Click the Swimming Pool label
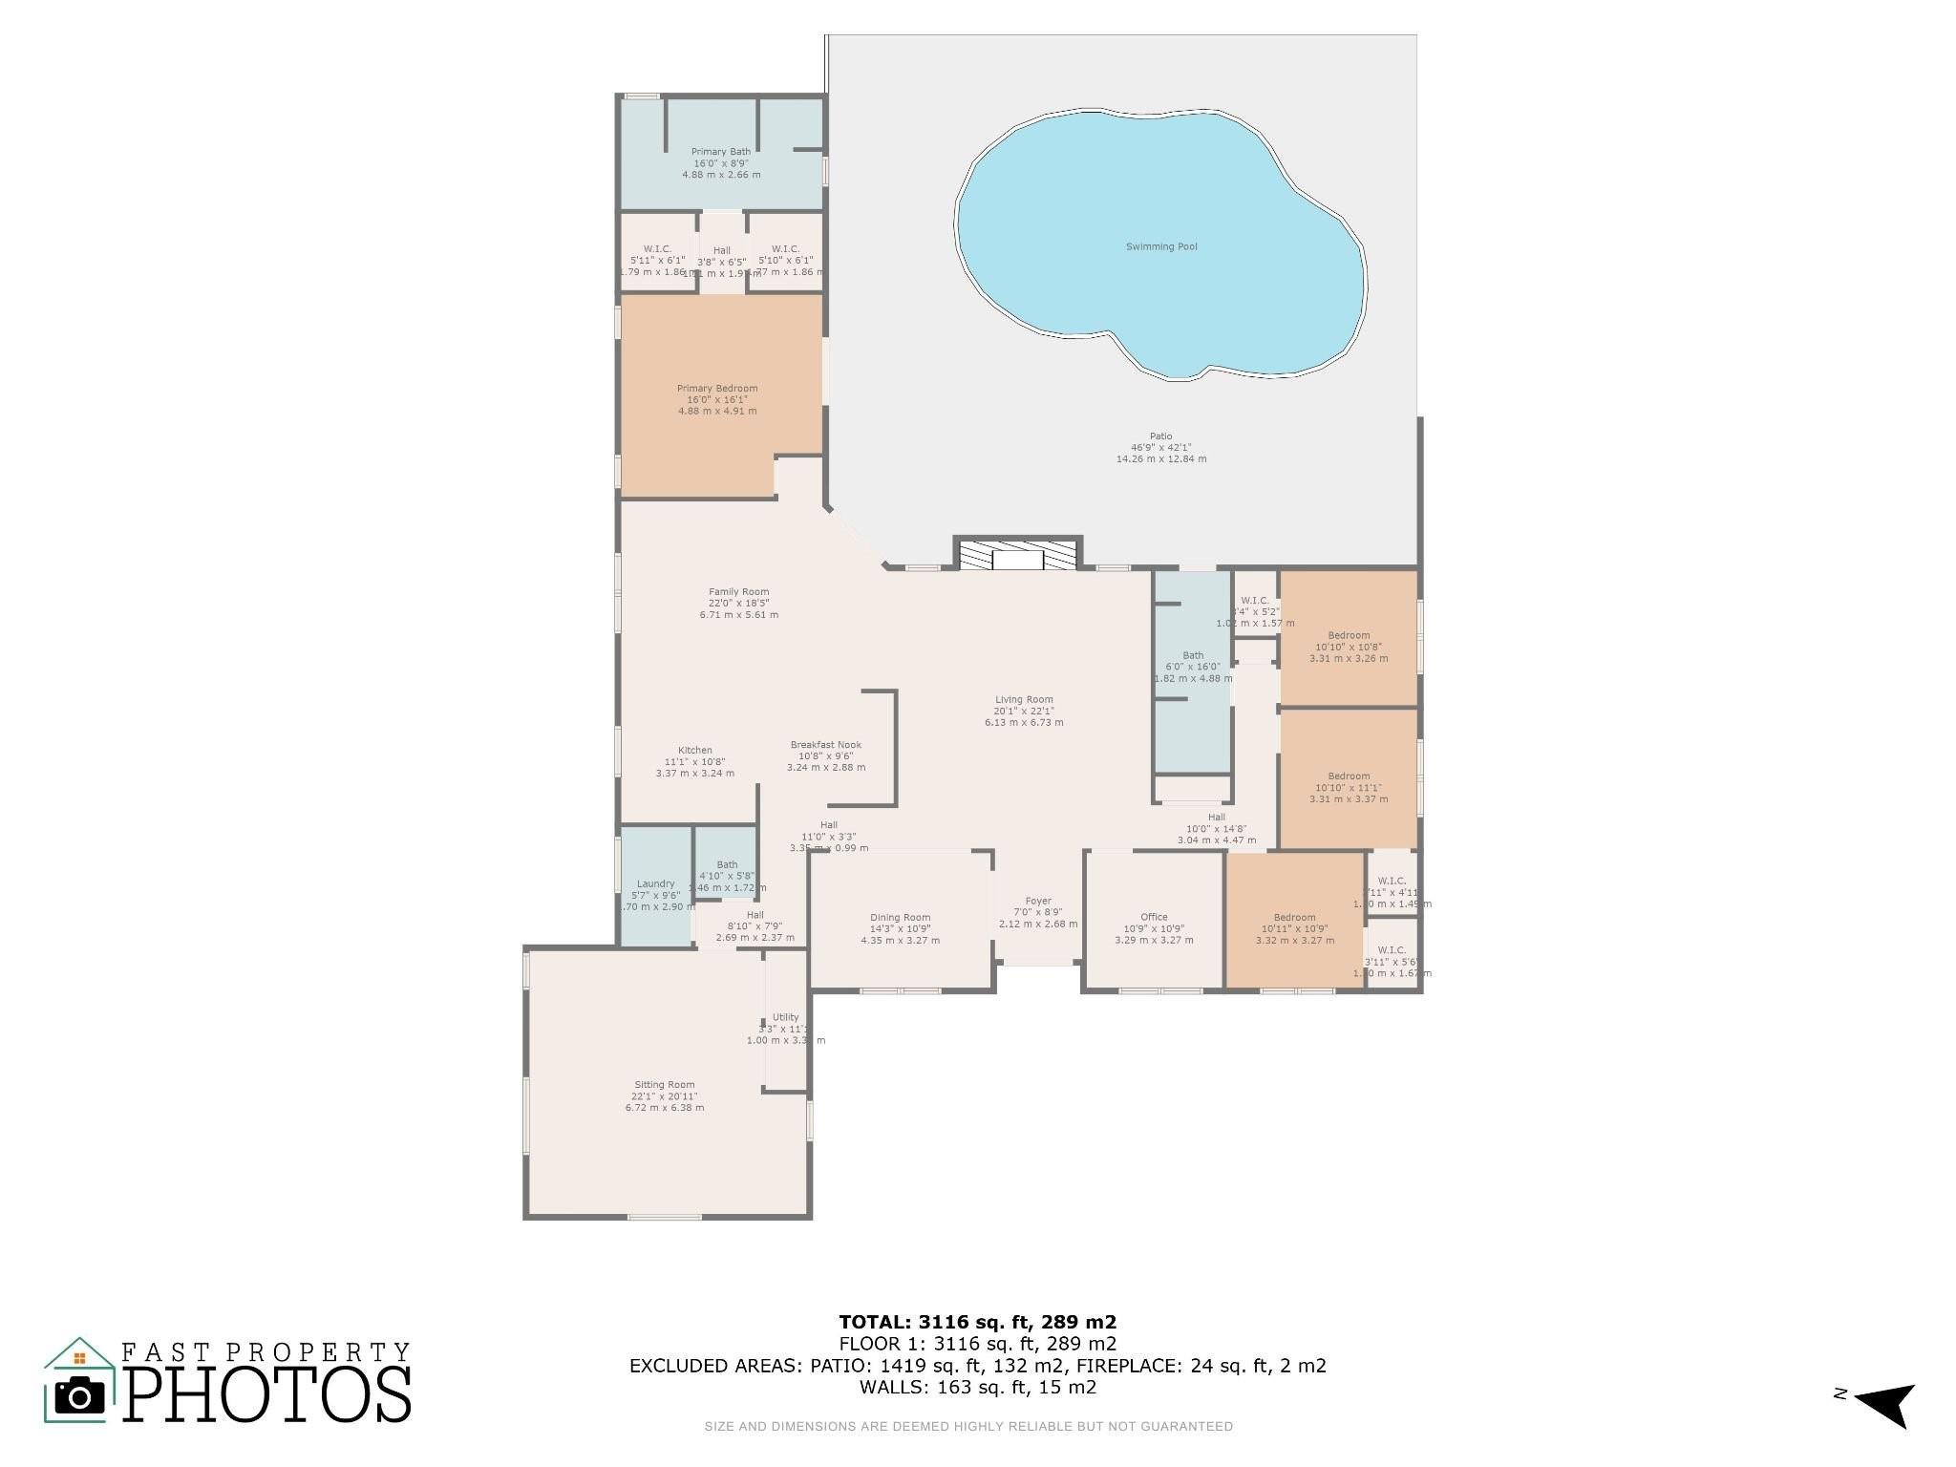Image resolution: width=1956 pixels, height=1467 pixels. [1160, 246]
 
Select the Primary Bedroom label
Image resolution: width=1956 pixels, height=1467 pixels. [717, 389]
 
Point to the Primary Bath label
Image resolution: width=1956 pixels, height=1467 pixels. [721, 152]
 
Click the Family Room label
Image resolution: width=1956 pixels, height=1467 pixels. [738, 592]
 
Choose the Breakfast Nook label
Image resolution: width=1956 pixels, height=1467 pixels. [825, 745]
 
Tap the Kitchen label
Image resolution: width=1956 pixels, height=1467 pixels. [694, 751]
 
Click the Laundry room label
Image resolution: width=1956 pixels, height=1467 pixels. [655, 884]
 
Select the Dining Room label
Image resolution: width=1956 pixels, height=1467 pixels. [900, 918]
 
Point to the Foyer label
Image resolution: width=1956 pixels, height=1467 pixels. [1038, 901]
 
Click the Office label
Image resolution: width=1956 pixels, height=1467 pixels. [1154, 918]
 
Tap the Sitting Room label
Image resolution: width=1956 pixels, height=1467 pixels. [665, 1085]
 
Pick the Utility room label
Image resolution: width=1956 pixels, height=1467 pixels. [785, 1018]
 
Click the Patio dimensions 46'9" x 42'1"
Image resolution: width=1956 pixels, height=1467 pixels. [1160, 448]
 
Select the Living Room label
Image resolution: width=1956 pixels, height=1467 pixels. [1024, 700]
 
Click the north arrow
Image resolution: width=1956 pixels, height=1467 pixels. [1886, 1402]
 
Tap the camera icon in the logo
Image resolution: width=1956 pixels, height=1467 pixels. [80, 1397]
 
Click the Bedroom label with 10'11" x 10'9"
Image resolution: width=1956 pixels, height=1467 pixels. [1294, 918]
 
